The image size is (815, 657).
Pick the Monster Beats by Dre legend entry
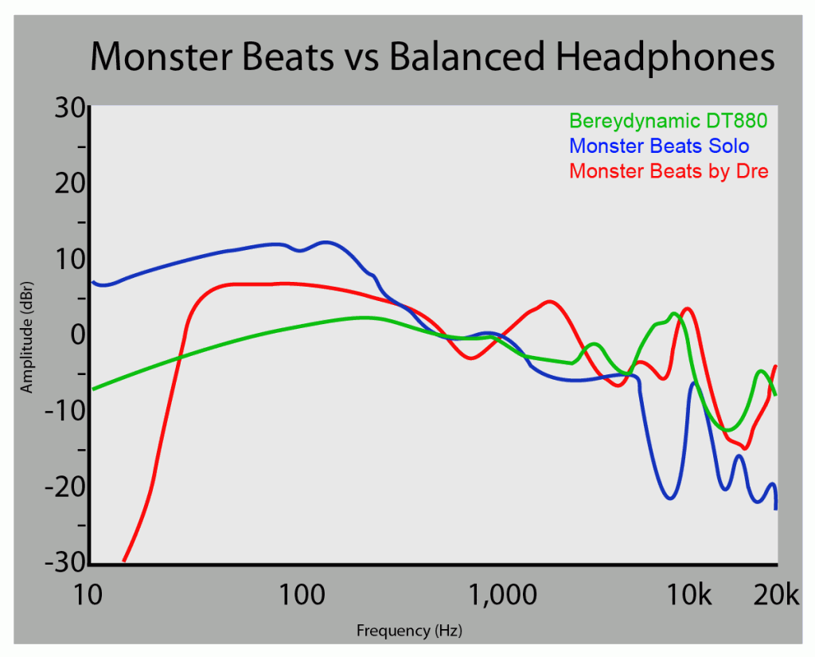669,171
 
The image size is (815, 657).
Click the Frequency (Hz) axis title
409,632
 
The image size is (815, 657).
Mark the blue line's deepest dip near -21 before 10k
670,499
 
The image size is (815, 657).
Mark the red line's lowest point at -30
123,561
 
